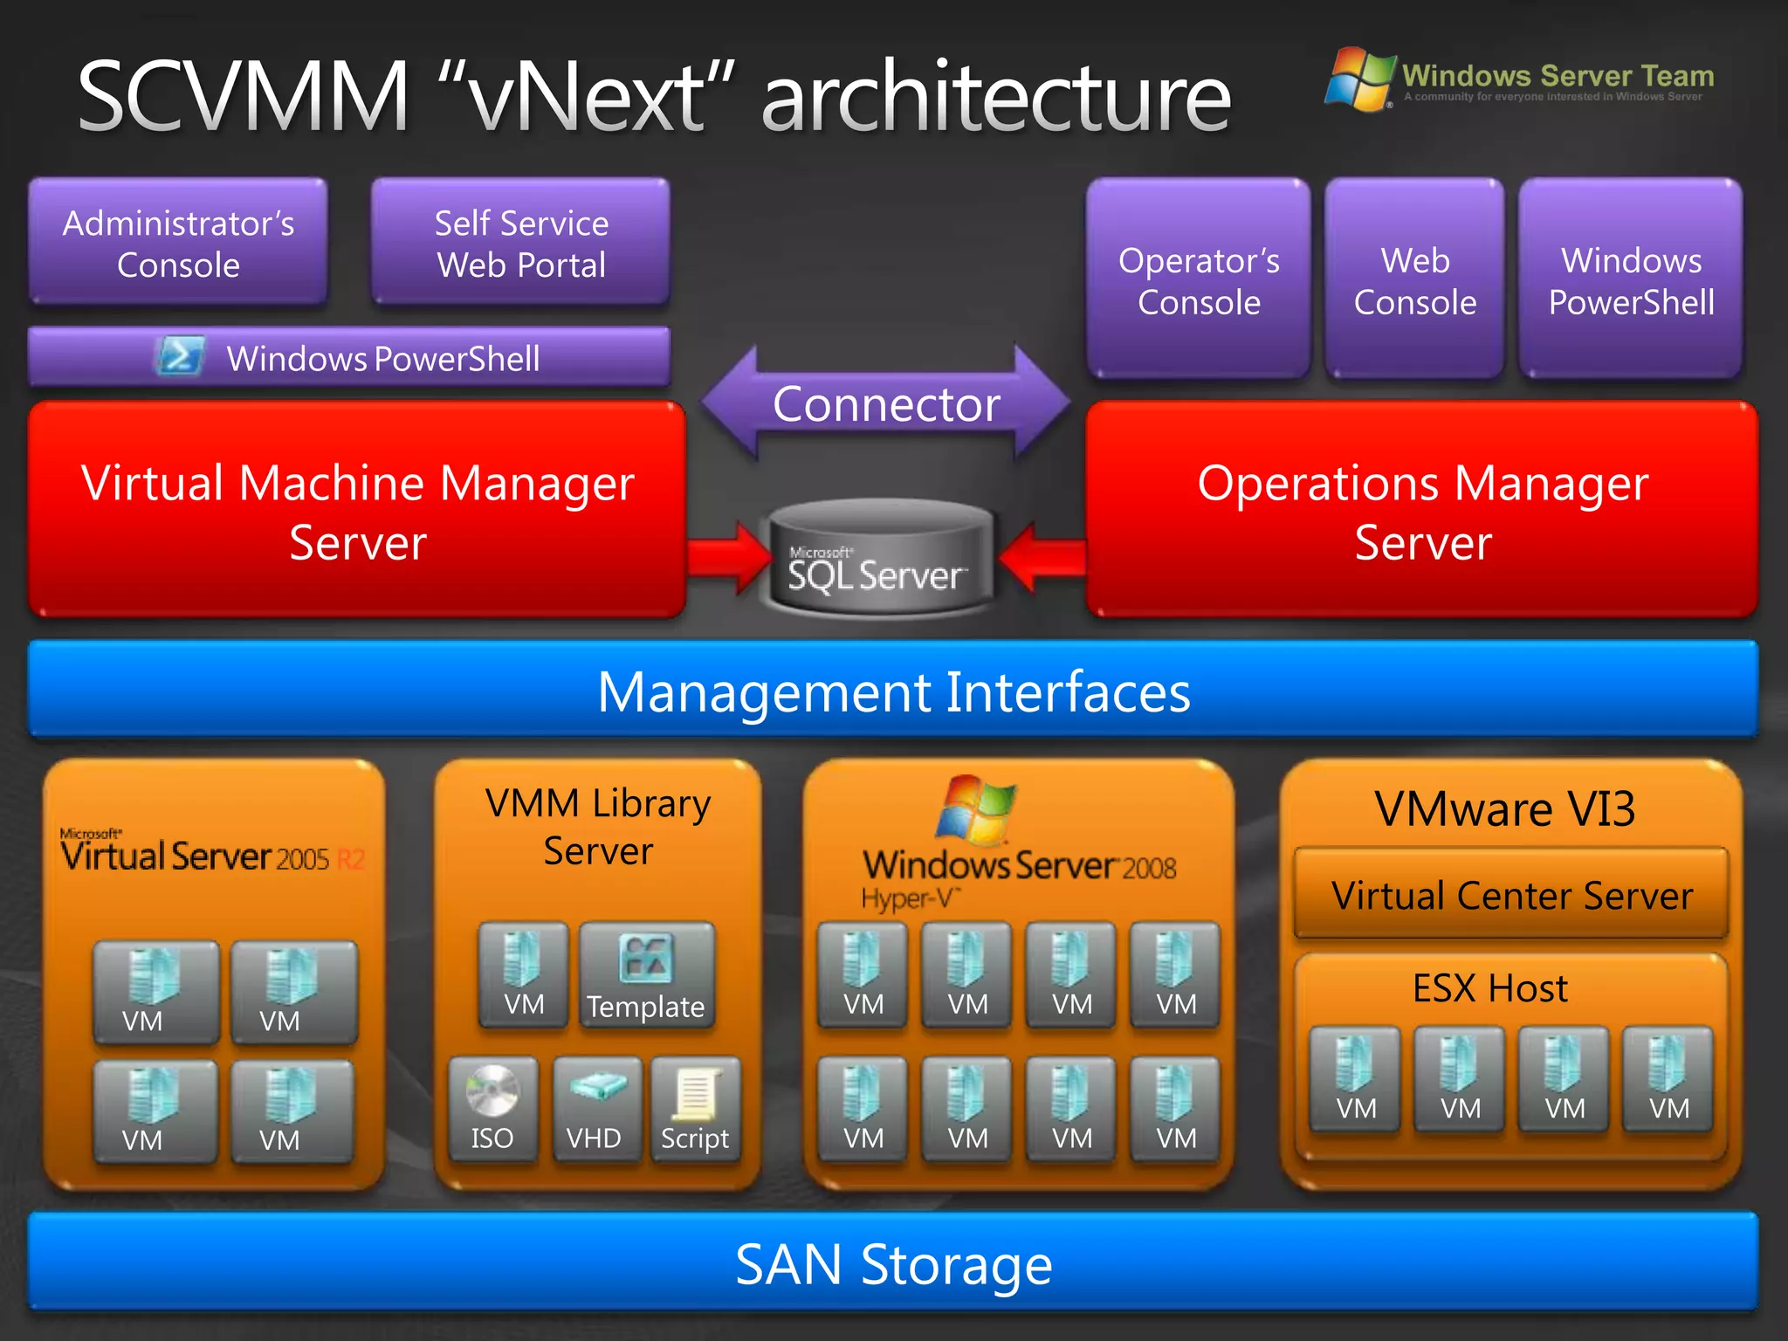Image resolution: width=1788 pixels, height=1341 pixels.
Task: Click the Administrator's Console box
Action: pos(178,243)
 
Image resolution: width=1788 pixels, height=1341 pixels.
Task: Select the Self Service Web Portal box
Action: pos(521,243)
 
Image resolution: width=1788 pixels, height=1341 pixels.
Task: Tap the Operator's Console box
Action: pos(1198,279)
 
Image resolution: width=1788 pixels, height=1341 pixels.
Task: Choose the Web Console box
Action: pos(1414,279)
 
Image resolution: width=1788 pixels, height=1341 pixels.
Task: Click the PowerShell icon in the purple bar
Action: pos(180,357)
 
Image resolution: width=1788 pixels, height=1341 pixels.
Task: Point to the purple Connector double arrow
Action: pos(885,403)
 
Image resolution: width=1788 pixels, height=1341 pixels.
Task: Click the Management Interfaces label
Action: pos(893,691)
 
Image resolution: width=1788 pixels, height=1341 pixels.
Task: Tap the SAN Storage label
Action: pos(893,1264)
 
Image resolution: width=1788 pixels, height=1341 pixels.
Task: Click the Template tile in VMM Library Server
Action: pos(646,975)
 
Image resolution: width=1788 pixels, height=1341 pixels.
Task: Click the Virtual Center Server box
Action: pos(1511,895)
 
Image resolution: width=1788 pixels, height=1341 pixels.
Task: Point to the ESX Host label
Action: pos(1489,988)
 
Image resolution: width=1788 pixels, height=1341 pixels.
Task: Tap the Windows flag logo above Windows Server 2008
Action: pos(975,809)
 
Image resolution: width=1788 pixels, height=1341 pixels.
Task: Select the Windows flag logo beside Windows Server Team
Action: pos(1359,79)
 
